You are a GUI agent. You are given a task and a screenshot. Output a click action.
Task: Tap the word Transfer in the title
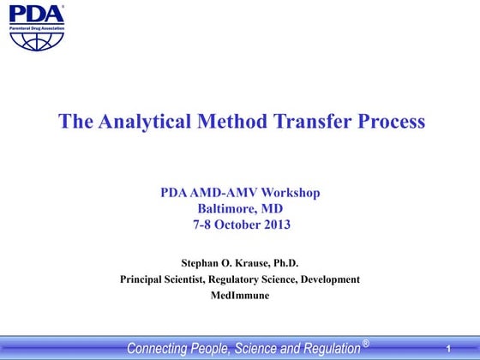[317, 122]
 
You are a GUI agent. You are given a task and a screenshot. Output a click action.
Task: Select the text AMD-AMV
[219, 193]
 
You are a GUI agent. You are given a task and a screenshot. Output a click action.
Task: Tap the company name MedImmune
[239, 295]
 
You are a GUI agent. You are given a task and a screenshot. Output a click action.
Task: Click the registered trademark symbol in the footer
[366, 344]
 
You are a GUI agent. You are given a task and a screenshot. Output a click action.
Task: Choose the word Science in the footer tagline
[262, 348]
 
